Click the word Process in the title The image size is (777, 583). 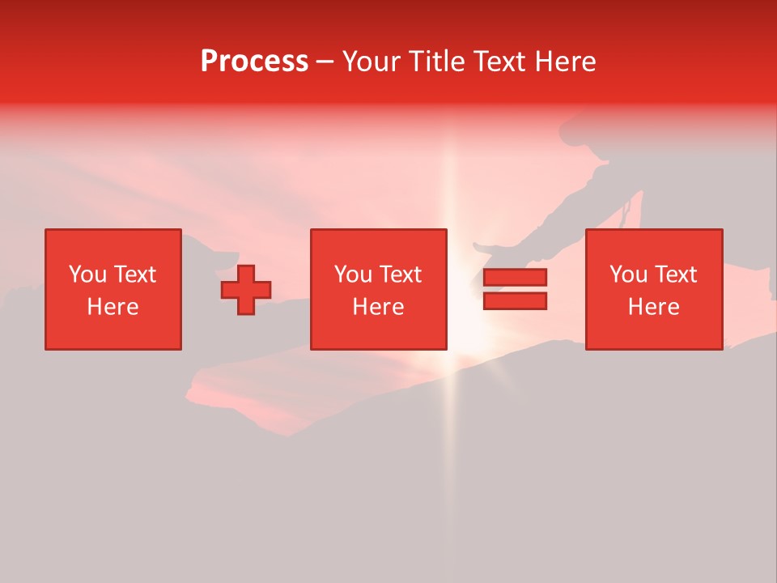pyautogui.click(x=254, y=62)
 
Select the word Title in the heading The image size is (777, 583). pyautogui.click(x=438, y=62)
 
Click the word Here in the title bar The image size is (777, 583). pyautogui.click(x=566, y=62)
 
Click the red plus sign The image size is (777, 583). pyautogui.click(x=246, y=290)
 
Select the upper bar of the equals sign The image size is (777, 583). pyautogui.click(x=515, y=278)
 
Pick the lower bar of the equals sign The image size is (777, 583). pyautogui.click(x=515, y=301)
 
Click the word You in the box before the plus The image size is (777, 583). pyautogui.click(x=87, y=274)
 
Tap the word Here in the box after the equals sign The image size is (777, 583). pyautogui.click(x=653, y=307)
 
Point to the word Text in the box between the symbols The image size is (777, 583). pyautogui.click(x=401, y=274)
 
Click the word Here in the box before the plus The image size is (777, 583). pyautogui.click(x=113, y=307)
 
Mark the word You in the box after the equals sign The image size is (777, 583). pyautogui.click(x=628, y=274)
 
